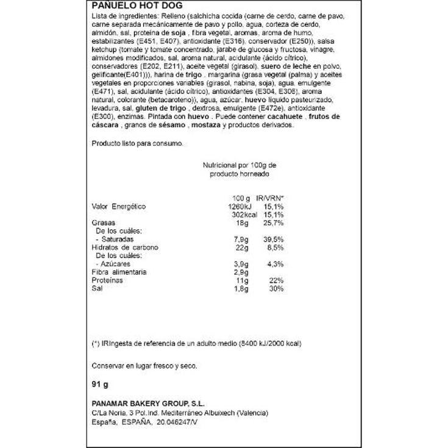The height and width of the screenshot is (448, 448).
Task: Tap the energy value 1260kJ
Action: coord(239,207)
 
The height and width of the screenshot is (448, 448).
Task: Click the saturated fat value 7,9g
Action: coord(243,240)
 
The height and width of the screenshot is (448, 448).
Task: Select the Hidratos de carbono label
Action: coord(125,248)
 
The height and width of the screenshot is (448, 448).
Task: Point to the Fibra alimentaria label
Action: coord(119,272)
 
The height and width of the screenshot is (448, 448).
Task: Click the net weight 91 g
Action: coord(99,386)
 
